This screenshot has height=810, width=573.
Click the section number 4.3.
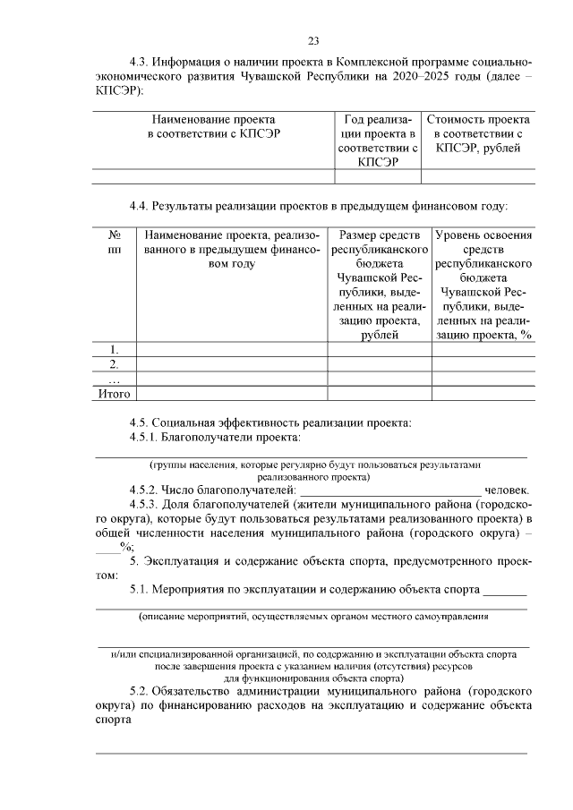[139, 63]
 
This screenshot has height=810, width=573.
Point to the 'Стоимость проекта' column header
[478, 133]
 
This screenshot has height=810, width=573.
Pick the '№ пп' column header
[115, 243]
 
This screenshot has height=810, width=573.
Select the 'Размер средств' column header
[380, 285]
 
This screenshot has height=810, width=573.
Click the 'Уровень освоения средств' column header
[483, 285]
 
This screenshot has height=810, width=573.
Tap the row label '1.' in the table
[115, 349]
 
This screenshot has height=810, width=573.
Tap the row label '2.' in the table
[115, 363]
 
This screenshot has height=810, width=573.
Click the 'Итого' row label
[115, 393]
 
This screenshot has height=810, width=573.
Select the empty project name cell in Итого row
[231, 393]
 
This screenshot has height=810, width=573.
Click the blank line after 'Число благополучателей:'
[389, 490]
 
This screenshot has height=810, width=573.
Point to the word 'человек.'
[507, 490]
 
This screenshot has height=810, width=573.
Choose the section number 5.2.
[139, 692]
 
